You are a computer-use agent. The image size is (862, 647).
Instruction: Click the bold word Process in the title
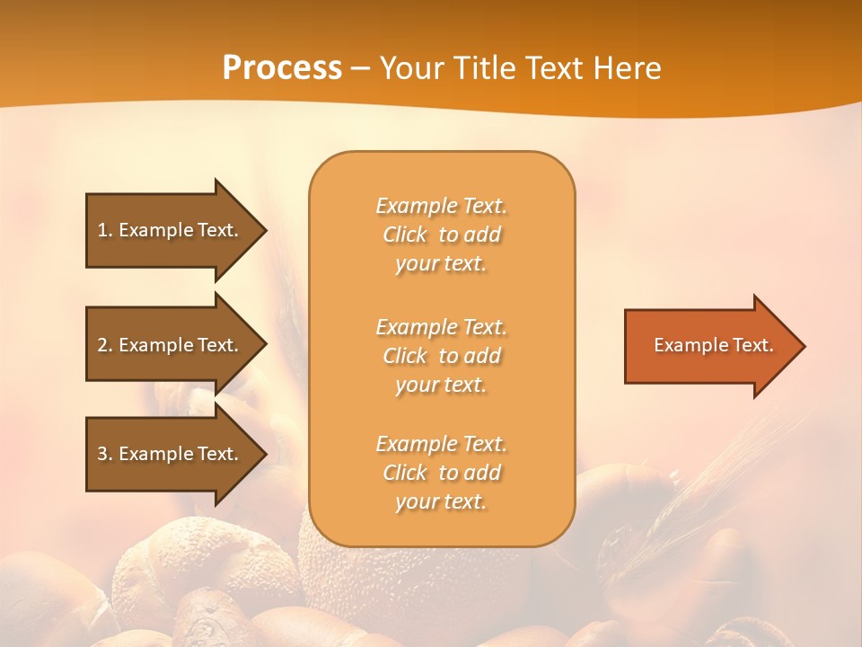282,68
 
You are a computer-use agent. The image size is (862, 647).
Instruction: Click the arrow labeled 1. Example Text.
171,230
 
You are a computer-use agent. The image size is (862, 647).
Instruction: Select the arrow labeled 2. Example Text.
171,345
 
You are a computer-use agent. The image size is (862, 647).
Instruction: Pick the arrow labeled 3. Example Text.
171,454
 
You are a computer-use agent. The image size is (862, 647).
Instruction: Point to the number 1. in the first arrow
105,230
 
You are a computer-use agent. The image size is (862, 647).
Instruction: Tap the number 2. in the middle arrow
105,345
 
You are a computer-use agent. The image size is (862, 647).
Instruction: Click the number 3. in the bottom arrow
105,454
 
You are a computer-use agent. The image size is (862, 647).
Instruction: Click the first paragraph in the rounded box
441,235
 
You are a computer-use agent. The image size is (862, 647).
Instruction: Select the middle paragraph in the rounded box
441,356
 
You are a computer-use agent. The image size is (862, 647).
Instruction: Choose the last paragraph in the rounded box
441,473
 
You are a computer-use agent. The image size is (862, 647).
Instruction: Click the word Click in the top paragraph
405,235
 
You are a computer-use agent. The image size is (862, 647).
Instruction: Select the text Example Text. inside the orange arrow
713,345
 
